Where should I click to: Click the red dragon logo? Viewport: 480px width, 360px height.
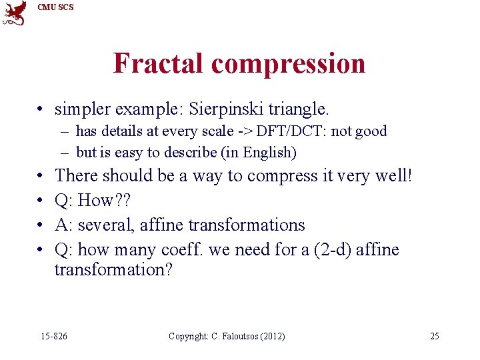coord(15,13)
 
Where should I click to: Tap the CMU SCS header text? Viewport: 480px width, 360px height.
coord(55,7)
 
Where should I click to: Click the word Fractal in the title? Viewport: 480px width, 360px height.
coord(159,63)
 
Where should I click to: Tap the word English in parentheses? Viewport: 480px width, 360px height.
coord(269,153)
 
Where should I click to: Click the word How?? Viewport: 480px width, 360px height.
coord(107,201)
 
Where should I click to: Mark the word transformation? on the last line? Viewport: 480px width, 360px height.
coord(113,270)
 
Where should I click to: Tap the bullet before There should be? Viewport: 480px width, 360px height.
coord(41,177)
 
